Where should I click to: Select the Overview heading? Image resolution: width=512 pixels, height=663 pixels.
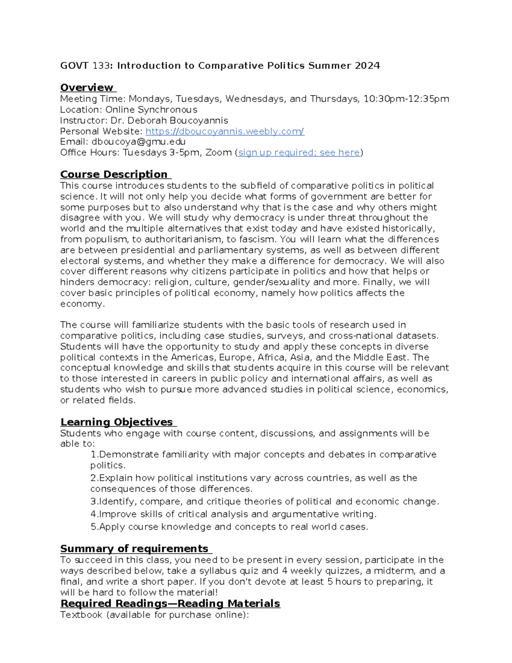tap(87, 88)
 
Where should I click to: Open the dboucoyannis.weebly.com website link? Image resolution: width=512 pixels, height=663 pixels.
tap(225, 131)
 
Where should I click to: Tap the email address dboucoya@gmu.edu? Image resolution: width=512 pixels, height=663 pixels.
tap(138, 142)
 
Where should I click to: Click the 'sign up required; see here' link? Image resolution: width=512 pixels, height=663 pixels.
tap(299, 152)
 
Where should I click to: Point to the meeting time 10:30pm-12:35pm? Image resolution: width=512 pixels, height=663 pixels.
tap(406, 99)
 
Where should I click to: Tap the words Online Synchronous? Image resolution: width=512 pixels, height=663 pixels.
tap(151, 110)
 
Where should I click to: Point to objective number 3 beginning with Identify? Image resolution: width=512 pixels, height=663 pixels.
tap(265, 501)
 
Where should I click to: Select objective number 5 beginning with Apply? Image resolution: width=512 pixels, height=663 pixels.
tap(229, 527)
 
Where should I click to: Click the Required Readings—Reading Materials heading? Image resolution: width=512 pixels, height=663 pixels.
tap(170, 603)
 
